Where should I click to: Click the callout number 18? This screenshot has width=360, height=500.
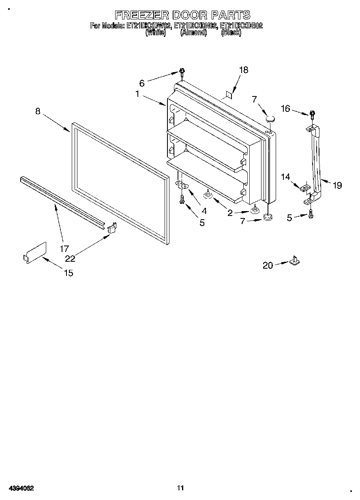pyautogui.click(x=243, y=70)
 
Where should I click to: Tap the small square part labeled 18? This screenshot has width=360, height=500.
pyautogui.click(x=229, y=95)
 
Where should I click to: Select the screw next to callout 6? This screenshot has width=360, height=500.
pyautogui.click(x=182, y=73)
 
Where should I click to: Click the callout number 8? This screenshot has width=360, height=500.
pyautogui.click(x=38, y=111)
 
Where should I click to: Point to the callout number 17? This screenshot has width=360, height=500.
pyautogui.click(x=64, y=249)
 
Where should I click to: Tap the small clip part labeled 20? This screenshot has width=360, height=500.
pyautogui.click(x=294, y=261)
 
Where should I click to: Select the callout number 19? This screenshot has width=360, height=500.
pyautogui.click(x=337, y=186)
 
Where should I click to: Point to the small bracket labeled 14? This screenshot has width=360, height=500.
pyautogui.click(x=305, y=188)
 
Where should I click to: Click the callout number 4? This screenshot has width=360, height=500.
pyautogui.click(x=204, y=211)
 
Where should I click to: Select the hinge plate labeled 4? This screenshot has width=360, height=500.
pyautogui.click(x=183, y=185)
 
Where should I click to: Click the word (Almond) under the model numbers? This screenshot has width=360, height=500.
pyautogui.click(x=193, y=33)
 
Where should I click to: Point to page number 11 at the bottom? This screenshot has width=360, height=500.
pyautogui.click(x=180, y=488)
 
